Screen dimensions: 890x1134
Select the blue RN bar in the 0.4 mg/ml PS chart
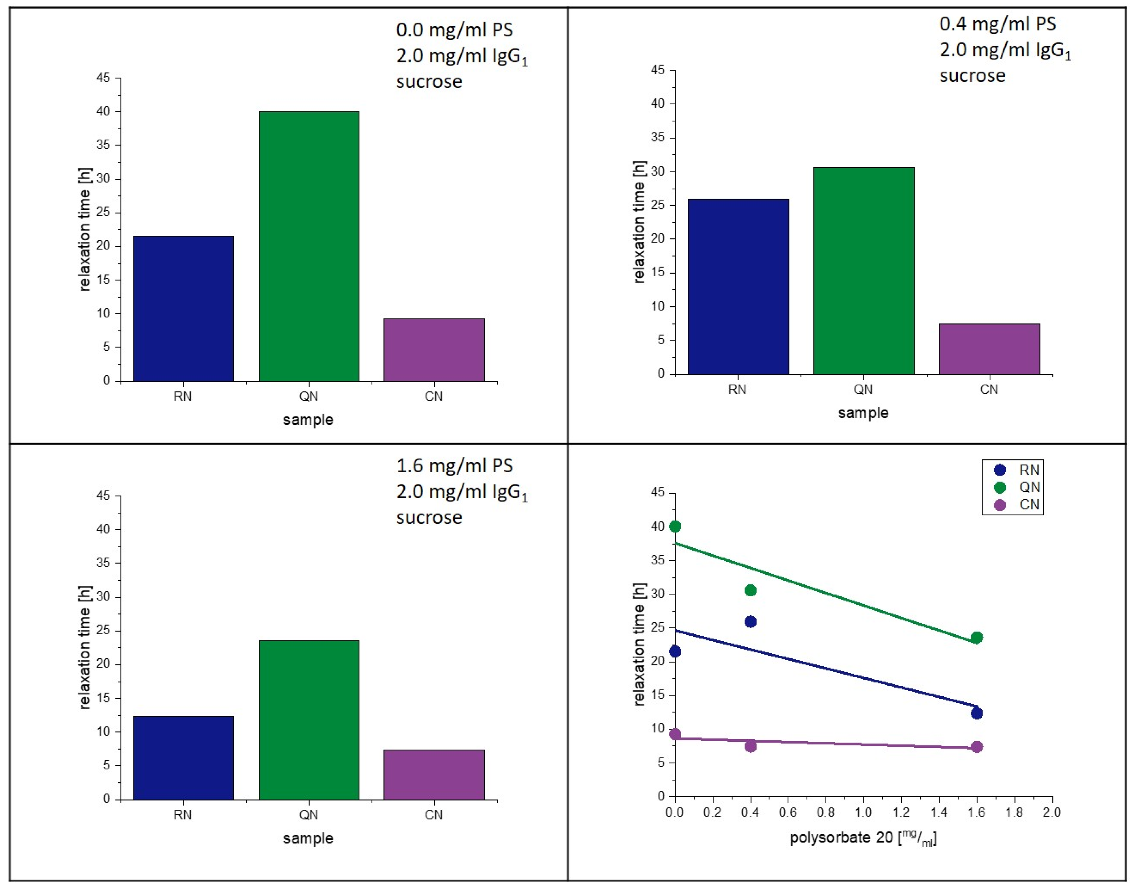738,287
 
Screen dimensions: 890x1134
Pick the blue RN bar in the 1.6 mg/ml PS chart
183,758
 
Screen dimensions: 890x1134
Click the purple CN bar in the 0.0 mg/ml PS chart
434,350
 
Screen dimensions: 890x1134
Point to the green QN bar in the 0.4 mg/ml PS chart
863,271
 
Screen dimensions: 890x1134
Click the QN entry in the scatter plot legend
1029,487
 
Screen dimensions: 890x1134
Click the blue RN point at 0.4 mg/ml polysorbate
750,622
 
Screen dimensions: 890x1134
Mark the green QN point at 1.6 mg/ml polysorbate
976,637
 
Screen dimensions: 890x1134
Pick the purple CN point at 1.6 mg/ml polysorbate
976,747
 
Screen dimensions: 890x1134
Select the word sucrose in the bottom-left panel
429,518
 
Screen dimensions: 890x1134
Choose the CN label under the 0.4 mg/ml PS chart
988,389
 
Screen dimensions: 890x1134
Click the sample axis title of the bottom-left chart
308,838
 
